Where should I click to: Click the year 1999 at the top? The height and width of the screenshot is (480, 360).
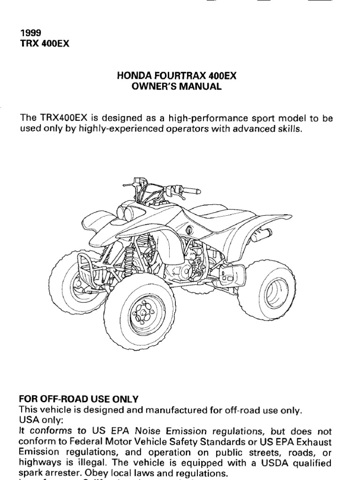point(30,33)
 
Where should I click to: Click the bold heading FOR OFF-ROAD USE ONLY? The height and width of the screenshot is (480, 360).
point(79,399)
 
